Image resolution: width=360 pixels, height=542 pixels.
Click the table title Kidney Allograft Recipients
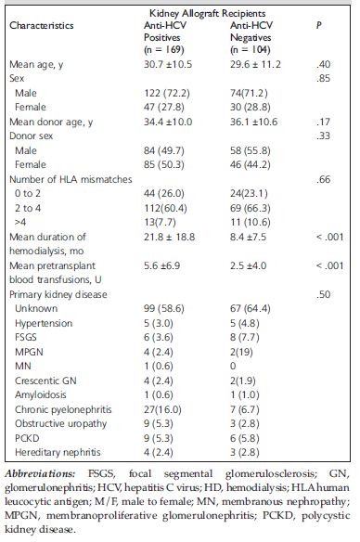tap(207, 14)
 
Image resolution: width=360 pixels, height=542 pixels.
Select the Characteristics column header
tap(42, 26)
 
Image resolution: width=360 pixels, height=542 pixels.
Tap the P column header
tap(319, 26)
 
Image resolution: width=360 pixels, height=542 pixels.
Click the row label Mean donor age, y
tap(51, 123)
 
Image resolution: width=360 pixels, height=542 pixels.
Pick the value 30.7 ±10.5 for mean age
tap(168, 65)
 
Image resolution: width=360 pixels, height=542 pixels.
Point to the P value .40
tap(324, 65)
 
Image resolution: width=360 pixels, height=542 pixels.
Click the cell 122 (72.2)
tap(167, 94)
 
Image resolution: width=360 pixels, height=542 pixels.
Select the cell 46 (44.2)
tap(251, 164)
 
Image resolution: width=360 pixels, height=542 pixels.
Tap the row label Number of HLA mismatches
tap(71, 179)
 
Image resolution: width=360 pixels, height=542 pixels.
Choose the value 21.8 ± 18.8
tap(169, 238)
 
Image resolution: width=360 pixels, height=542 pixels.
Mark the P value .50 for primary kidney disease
tap(324, 294)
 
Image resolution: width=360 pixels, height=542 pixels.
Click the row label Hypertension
tap(44, 324)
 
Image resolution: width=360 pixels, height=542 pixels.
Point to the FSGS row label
tap(26, 338)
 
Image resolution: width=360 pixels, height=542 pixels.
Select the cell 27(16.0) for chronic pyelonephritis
tap(162, 409)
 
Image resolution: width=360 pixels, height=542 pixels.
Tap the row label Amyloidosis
tap(41, 394)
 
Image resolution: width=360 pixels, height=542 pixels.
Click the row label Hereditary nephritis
tap(58, 453)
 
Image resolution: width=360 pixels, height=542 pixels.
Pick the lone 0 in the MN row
tap(233, 366)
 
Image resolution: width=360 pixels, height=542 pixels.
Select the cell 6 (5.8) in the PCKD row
tap(245, 438)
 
